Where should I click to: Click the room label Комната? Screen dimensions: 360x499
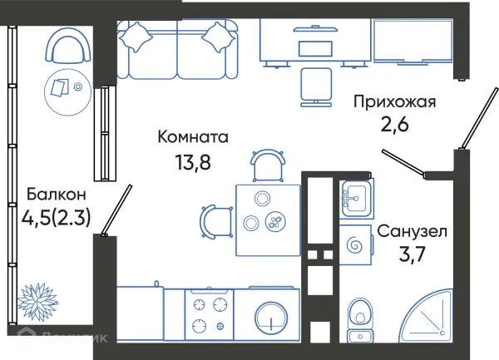point(193,136)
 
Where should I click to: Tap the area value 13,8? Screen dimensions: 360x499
point(192,160)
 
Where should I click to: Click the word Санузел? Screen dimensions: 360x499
point(413,230)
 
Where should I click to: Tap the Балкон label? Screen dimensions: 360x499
point(55,195)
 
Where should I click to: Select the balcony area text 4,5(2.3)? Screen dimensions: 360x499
point(57,218)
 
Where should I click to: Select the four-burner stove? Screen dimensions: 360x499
point(208,315)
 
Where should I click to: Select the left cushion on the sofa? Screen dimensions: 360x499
point(136,36)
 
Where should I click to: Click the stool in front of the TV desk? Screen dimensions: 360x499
point(315,83)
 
